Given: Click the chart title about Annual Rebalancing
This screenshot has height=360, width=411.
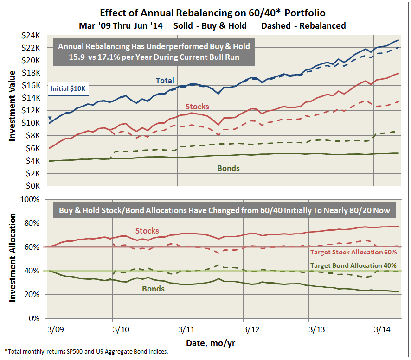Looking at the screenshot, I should (x=205, y=13).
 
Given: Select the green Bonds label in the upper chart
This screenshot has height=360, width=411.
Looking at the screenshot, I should (x=228, y=168).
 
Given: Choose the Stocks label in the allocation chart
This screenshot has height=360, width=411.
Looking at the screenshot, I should (x=147, y=231).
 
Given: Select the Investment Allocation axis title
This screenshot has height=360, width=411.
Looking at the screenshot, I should (x=12, y=258).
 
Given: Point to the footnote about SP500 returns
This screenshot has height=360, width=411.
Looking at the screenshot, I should (x=86, y=352).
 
